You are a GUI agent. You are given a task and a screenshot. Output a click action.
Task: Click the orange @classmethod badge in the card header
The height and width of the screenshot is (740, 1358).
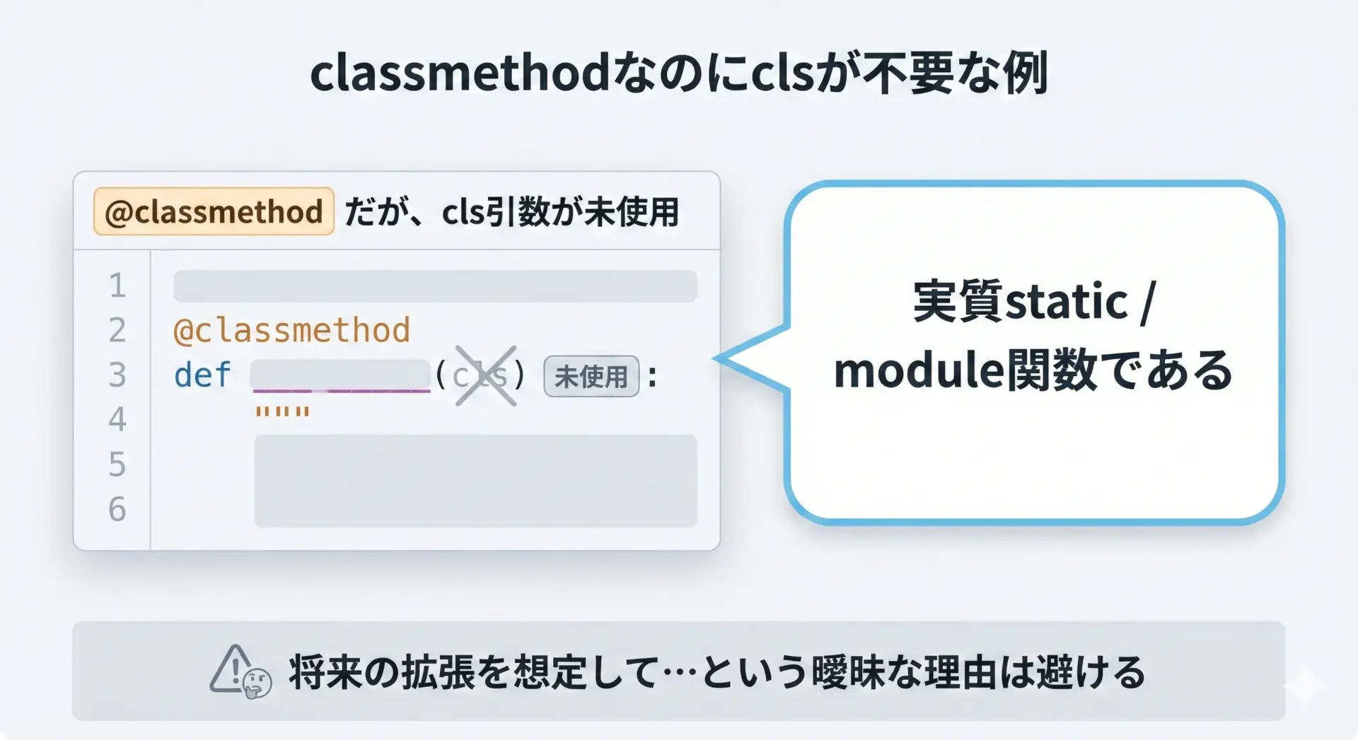point(214,211)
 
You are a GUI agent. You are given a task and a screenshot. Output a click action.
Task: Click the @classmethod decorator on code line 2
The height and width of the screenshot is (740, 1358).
point(291,330)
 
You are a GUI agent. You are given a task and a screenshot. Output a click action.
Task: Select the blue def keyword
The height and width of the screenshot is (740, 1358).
point(202,375)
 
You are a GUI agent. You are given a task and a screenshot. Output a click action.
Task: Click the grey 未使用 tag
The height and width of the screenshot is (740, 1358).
point(591,376)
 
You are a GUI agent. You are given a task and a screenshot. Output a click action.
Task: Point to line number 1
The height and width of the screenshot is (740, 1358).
point(117,286)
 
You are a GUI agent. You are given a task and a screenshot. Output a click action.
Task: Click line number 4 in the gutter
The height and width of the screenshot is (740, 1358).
point(117,419)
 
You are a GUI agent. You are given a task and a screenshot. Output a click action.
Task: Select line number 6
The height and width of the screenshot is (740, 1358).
point(117,509)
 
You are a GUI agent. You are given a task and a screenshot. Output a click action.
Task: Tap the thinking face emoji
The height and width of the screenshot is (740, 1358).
point(257,683)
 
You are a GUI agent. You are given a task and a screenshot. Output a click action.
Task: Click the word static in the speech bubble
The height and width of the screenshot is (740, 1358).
point(1067,302)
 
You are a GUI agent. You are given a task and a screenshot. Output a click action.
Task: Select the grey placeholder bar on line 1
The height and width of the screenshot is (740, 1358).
point(435,286)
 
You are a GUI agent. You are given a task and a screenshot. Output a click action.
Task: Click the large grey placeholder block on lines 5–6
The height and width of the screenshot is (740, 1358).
point(475,481)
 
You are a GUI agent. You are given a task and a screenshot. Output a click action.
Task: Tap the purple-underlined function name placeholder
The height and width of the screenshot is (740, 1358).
point(341,375)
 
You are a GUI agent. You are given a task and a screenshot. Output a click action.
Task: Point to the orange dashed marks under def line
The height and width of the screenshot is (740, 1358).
point(282,411)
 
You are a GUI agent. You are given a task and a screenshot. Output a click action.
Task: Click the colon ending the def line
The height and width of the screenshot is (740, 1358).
point(652,376)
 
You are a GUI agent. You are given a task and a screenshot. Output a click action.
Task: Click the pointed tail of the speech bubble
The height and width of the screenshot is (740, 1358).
point(716,358)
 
